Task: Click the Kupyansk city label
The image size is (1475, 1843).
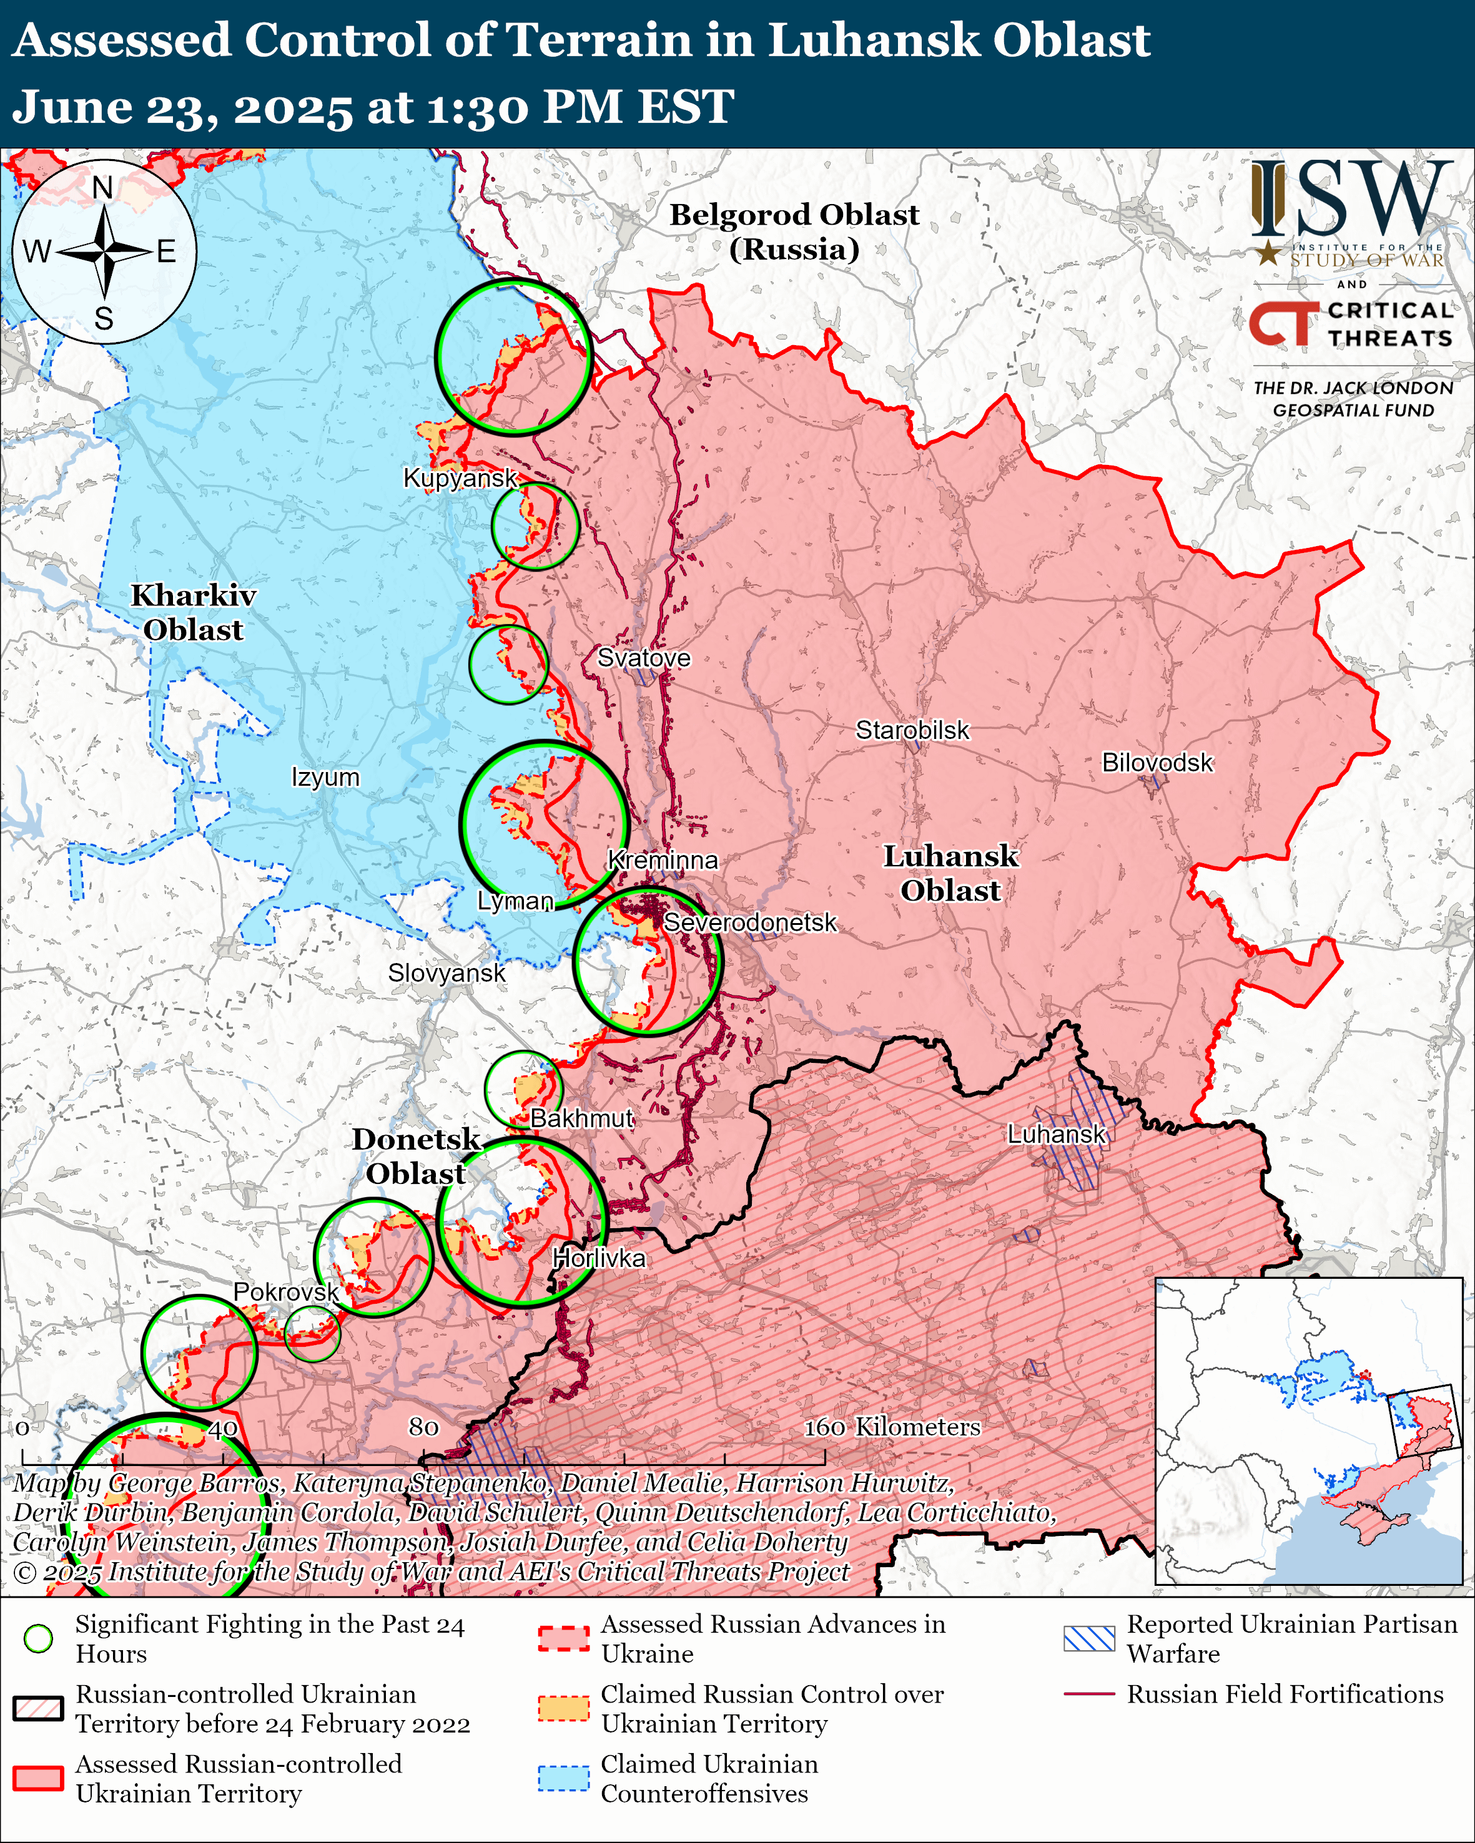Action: click(460, 478)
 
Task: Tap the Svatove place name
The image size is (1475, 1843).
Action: click(643, 657)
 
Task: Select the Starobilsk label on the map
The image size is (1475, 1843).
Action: click(912, 730)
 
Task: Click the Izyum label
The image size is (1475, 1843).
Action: click(325, 777)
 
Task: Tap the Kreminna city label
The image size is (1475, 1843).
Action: click(663, 860)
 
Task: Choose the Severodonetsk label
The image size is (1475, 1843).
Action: click(750, 922)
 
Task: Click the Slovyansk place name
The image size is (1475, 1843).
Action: click(446, 973)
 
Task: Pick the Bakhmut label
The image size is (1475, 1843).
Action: click(581, 1118)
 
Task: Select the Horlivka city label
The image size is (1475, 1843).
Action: click(598, 1258)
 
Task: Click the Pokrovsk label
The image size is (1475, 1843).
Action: click(285, 1292)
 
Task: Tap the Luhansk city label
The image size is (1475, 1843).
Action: click(1056, 1135)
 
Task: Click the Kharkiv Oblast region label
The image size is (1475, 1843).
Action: click(193, 612)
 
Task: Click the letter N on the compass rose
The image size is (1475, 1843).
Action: click(102, 187)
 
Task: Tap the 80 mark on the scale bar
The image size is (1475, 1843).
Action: click(423, 1427)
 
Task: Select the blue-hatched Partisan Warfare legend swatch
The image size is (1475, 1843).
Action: click(1088, 1638)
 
